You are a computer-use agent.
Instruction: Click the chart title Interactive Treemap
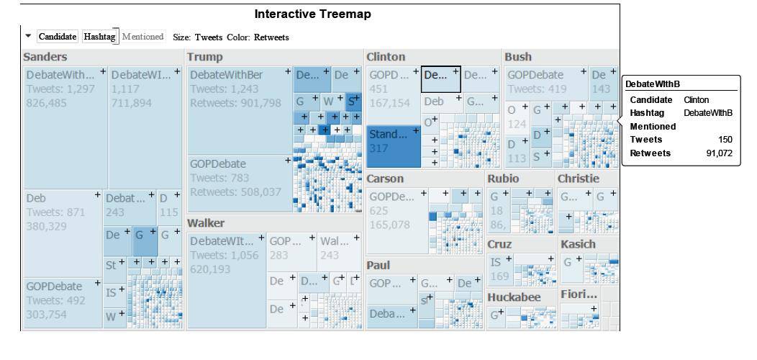point(312,14)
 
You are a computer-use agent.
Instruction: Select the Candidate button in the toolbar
point(57,36)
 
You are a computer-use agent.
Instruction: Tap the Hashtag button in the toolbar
point(99,36)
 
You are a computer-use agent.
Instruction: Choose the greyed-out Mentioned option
point(142,36)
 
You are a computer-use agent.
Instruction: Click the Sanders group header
point(45,56)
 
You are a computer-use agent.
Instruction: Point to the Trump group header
point(205,56)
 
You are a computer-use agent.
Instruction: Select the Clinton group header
point(386,56)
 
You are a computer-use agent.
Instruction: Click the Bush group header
point(518,56)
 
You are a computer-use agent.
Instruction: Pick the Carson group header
point(386,179)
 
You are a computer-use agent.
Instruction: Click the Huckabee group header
point(514,297)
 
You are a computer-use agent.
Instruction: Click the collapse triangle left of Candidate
point(28,36)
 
